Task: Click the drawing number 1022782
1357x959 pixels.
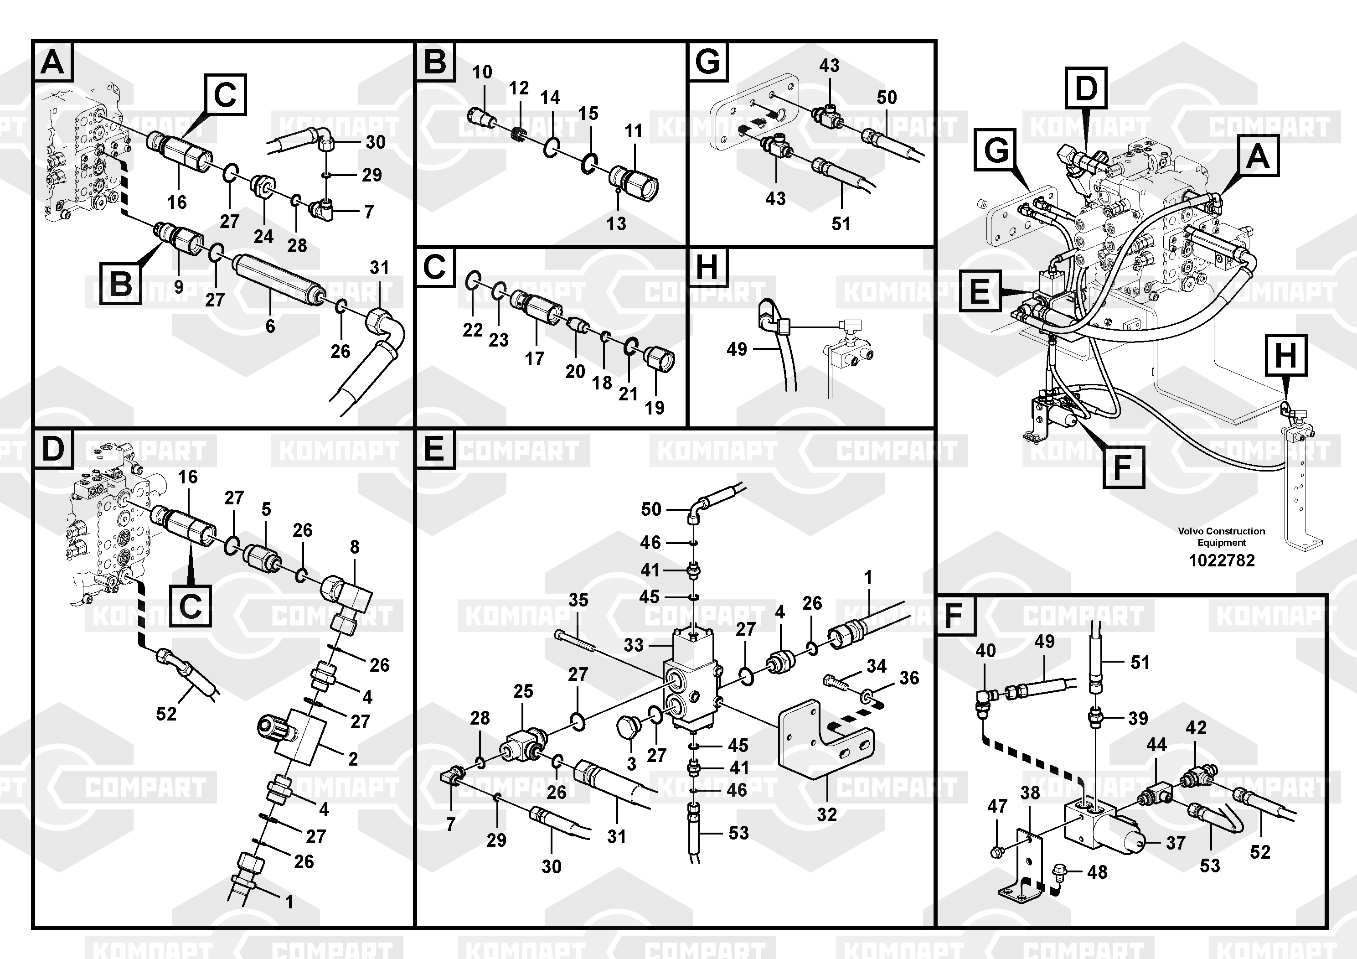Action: click(1221, 560)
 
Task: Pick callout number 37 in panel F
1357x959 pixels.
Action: click(1176, 843)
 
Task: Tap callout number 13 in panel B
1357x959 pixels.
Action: click(616, 223)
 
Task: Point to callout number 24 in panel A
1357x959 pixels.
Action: click(263, 237)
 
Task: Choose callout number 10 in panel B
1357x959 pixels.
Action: click(482, 72)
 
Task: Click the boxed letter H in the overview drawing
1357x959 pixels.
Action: click(1285, 355)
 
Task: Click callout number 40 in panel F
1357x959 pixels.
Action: click(985, 650)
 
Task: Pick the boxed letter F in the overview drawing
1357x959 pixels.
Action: click(1124, 467)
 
